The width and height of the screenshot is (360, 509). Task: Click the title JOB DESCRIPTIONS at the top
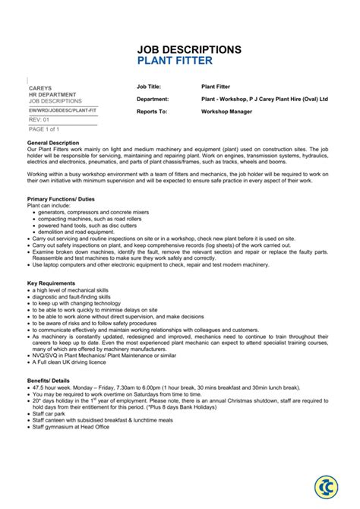point(189,49)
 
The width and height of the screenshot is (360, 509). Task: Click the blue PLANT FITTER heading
point(175,61)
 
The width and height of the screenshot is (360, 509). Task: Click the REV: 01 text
point(39,119)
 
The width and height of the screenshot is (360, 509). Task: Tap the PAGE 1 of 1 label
point(44,129)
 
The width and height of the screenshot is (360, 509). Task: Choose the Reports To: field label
point(152,111)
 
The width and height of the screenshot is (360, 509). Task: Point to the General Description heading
point(58,143)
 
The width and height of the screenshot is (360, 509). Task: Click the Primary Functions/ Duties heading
point(65,199)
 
